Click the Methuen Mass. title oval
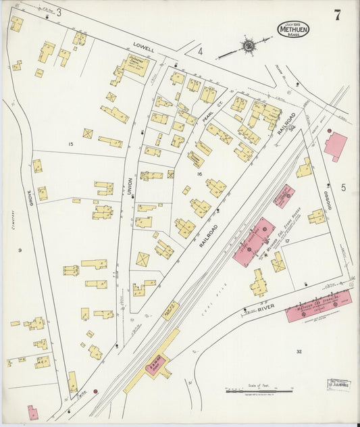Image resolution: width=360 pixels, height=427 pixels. (x=293, y=29)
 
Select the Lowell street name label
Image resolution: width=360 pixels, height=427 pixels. (x=143, y=49)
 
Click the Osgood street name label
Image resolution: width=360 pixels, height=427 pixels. (x=328, y=199)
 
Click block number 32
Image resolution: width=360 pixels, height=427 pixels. (x=299, y=351)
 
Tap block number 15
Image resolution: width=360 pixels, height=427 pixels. (x=70, y=144)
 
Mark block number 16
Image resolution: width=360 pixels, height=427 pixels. (x=199, y=174)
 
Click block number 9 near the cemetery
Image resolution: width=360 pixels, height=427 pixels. (x=20, y=251)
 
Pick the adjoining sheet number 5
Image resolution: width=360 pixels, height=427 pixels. (x=342, y=187)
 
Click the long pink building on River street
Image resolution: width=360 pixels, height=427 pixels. (x=309, y=305)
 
